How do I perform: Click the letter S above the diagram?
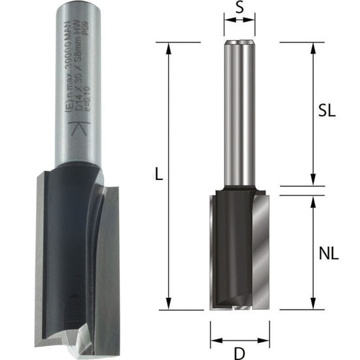(x=240, y=10)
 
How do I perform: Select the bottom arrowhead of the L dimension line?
(x=170, y=305)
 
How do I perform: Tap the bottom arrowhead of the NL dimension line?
(x=313, y=305)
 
